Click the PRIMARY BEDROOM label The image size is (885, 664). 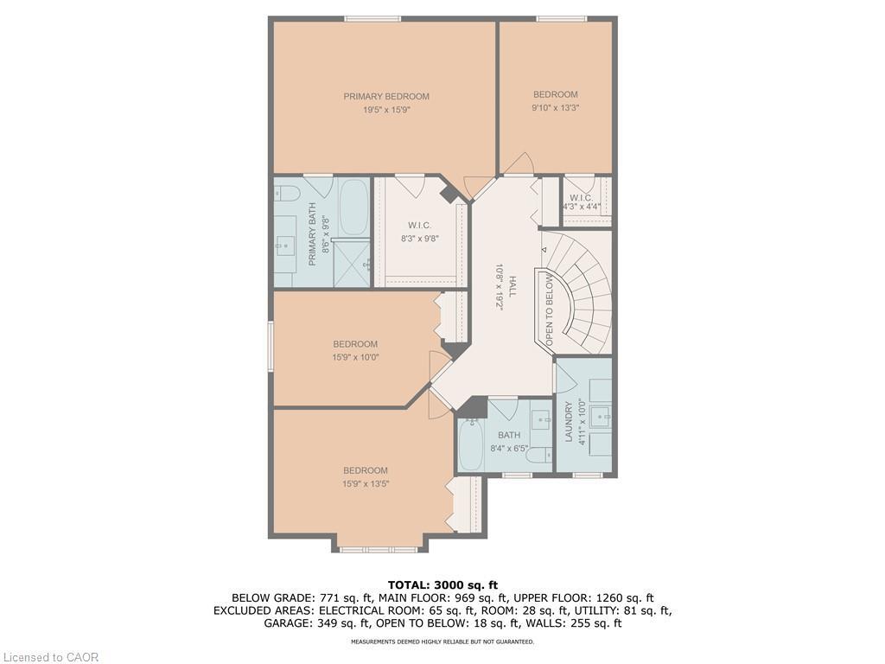point(386,97)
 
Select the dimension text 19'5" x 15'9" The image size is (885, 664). point(386,111)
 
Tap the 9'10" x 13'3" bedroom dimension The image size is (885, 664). point(555,108)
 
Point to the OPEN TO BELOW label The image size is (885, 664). point(549,308)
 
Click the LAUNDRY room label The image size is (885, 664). point(569,423)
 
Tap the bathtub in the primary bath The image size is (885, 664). point(353,207)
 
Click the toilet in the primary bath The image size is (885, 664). point(287,192)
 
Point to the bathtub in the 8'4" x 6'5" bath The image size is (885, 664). point(470,445)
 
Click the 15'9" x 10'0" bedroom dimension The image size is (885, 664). point(355,357)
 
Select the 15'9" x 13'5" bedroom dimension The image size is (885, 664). point(365,484)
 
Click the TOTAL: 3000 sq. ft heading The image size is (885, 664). point(442,585)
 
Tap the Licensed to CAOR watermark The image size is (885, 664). point(49,657)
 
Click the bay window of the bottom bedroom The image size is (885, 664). point(378,549)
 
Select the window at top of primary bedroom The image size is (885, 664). point(372,18)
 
